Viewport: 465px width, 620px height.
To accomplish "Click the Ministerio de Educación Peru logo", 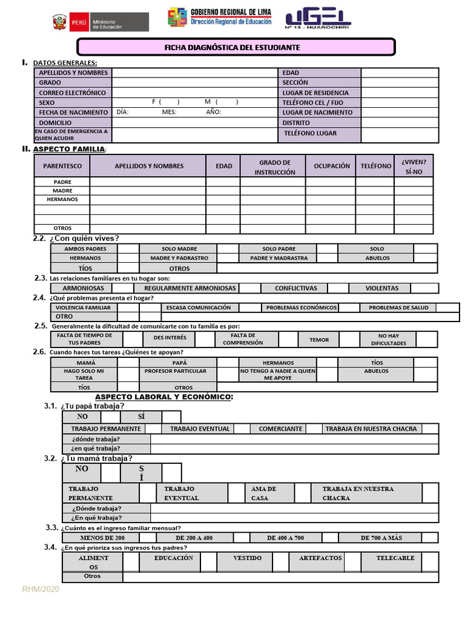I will (101, 22).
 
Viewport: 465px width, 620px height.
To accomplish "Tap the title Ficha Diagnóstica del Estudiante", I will (236, 47).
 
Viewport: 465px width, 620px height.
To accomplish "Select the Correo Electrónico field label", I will (72, 93).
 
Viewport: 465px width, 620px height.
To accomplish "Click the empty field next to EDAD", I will (400, 73).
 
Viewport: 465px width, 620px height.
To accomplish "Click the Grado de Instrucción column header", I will (275, 167).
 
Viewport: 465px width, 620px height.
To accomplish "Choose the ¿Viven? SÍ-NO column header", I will (414, 167).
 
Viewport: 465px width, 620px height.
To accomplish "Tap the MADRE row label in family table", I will (62, 190).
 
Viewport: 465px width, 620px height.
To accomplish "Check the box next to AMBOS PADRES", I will (128, 249).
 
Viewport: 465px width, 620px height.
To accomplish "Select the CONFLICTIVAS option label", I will (295, 288).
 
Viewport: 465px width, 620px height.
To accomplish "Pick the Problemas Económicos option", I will (301, 308).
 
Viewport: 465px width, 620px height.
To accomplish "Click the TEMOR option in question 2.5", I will (319, 340).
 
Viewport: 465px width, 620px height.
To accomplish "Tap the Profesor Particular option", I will (176, 371).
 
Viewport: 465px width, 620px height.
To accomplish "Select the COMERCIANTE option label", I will (280, 429).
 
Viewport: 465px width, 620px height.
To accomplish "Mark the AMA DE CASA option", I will (263, 493).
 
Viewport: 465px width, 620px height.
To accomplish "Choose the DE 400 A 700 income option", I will (285, 538).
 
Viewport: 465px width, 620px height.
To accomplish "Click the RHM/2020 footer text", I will (41, 589).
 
